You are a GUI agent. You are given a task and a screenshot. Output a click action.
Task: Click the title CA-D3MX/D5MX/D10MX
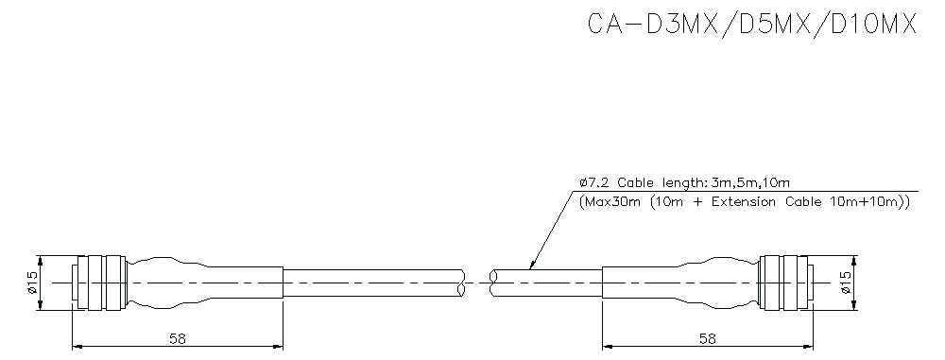coord(752,25)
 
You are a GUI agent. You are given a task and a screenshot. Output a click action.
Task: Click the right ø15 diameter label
coord(845,282)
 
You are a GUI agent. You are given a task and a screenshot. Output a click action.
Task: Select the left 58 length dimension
coord(177,337)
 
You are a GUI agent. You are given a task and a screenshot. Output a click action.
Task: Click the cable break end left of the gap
coord(460,282)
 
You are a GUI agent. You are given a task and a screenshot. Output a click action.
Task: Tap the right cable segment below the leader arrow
coord(548,282)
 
